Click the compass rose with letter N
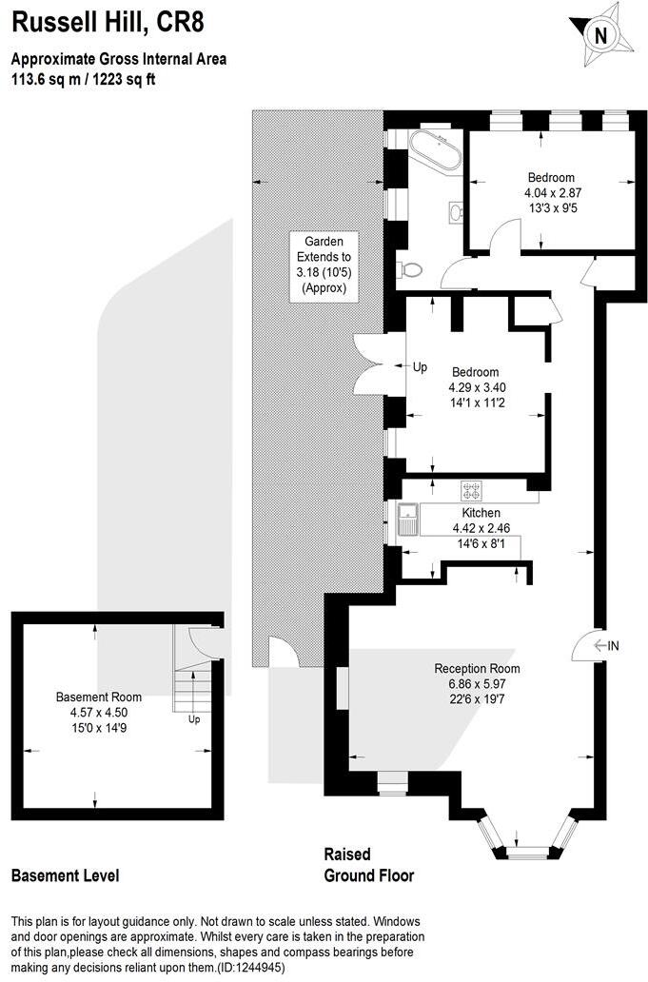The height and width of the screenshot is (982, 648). coord(599,36)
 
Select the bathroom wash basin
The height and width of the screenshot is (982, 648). coord(454,211)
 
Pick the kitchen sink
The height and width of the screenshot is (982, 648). coord(409,521)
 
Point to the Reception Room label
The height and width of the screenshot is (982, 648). coord(478,668)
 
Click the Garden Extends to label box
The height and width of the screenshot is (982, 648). coord(324,265)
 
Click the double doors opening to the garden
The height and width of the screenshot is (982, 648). coord(368,364)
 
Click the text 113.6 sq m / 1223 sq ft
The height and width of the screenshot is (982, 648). coord(83,80)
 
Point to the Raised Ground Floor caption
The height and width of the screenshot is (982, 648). coord(369,865)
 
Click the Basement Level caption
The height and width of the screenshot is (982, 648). coord(65,875)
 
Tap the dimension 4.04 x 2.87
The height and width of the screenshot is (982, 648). coord(551,191)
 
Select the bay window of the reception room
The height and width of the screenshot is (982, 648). coord(526,835)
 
